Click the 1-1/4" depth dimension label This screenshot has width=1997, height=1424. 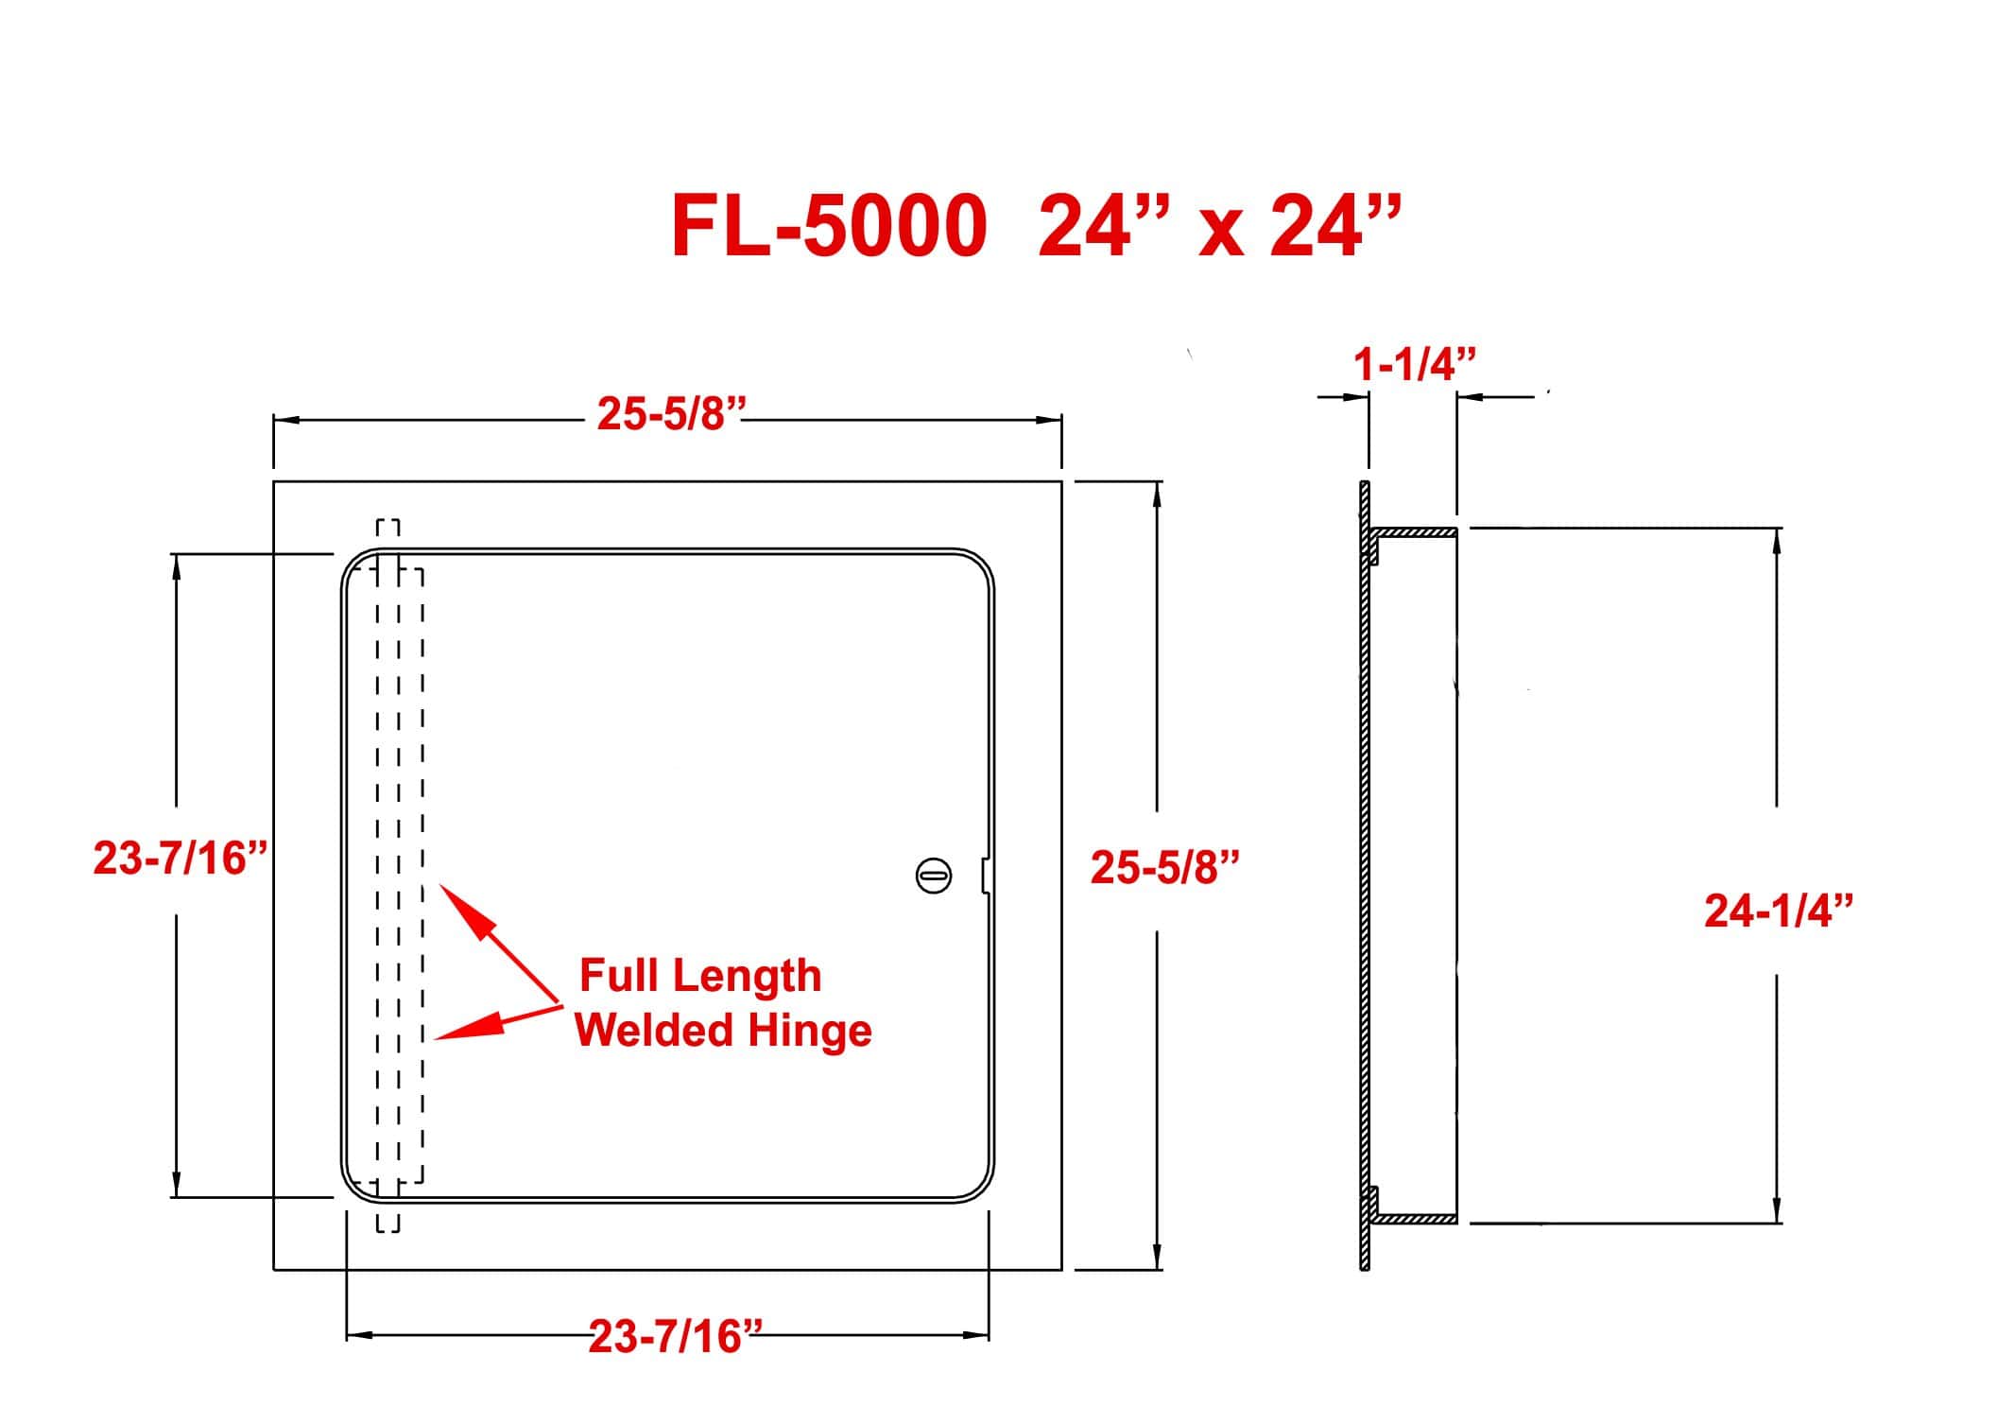1414,364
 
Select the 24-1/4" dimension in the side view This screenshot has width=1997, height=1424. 1779,911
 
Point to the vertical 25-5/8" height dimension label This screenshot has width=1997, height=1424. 1164,867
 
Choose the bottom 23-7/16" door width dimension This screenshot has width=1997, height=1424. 675,1336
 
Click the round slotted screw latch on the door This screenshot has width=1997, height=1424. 934,876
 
